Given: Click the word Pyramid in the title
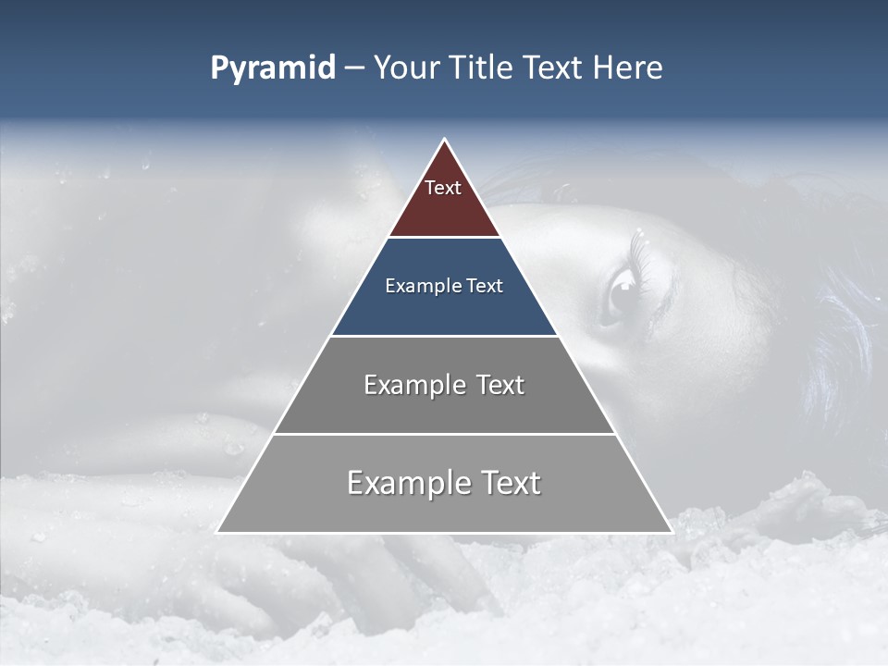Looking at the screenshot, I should [x=273, y=68].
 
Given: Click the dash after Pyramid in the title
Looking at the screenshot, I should [x=353, y=68].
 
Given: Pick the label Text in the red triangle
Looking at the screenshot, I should [x=443, y=188].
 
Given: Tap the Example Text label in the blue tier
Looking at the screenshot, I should [x=444, y=286].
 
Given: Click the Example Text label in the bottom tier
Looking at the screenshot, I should [x=444, y=483].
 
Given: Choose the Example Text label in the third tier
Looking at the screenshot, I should [x=444, y=385].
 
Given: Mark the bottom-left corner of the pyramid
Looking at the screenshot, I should [x=217, y=532].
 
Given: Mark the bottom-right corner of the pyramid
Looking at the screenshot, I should [x=672, y=532].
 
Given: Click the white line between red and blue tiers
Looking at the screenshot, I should [x=444, y=238].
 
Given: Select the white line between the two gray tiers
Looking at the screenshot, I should [x=444, y=434].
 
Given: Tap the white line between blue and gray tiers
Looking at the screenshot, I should [x=444, y=336].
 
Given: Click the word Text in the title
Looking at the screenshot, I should [x=553, y=68].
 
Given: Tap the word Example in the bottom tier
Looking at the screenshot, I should [x=403, y=483].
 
